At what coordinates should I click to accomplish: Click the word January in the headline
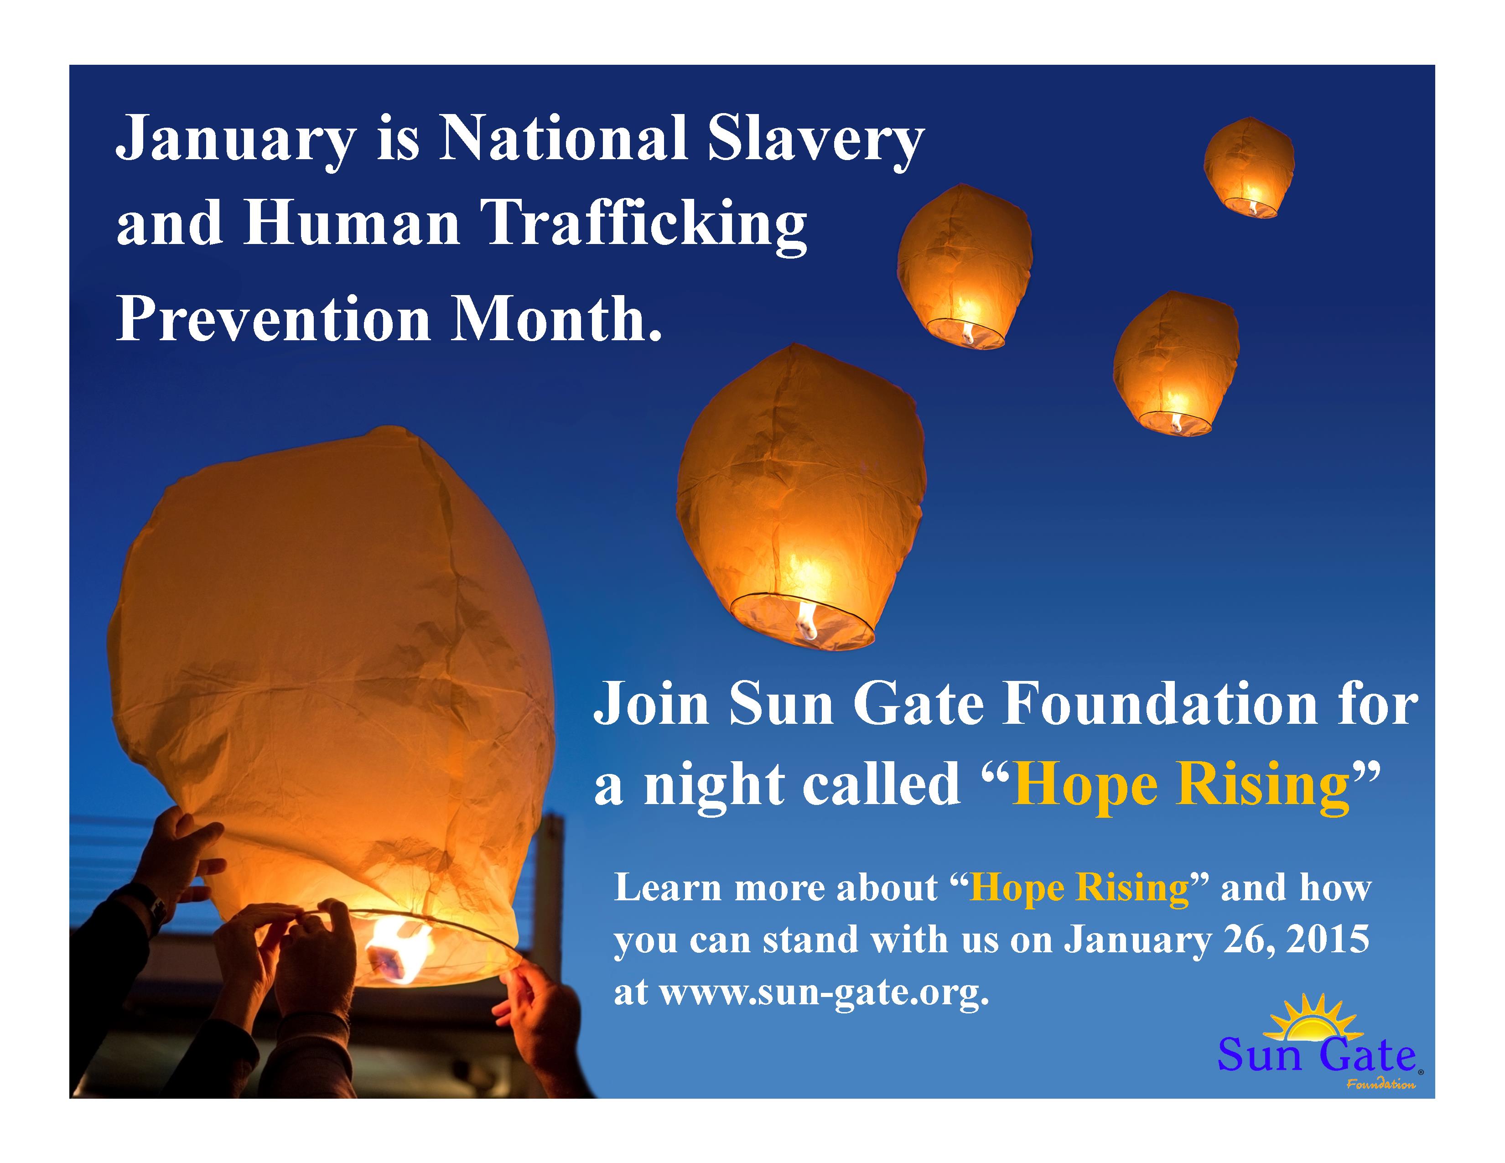pyautogui.click(x=235, y=139)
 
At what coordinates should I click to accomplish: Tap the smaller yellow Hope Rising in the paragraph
pyautogui.click(x=1079, y=888)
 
